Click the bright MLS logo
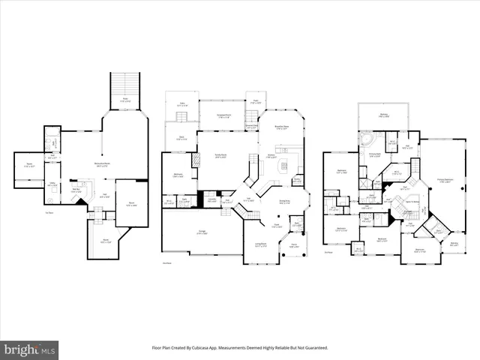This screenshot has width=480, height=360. click(30, 349)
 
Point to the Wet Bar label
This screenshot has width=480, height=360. click(76, 191)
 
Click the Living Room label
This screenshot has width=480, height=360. click(260, 244)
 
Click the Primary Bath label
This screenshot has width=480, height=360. click(376, 155)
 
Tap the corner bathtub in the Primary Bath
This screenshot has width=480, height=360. click(367, 140)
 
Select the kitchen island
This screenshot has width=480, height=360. click(284, 165)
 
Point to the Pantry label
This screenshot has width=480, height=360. click(297, 179)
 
